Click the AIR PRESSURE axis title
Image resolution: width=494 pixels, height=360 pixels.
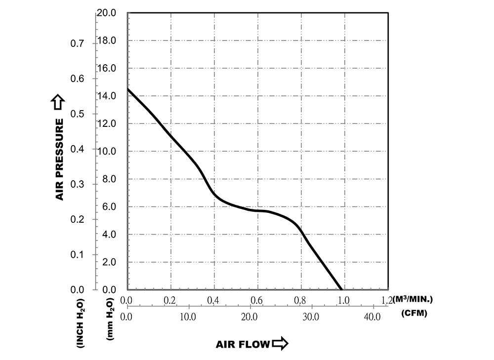pyautogui.click(x=60, y=160)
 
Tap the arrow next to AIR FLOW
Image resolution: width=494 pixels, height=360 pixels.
pyautogui.click(x=280, y=344)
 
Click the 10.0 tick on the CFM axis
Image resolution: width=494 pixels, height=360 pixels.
pyautogui.click(x=189, y=317)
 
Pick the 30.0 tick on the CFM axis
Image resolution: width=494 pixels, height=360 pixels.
pyautogui.click(x=311, y=317)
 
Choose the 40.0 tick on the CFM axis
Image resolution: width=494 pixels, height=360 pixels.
pyautogui.click(x=372, y=317)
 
